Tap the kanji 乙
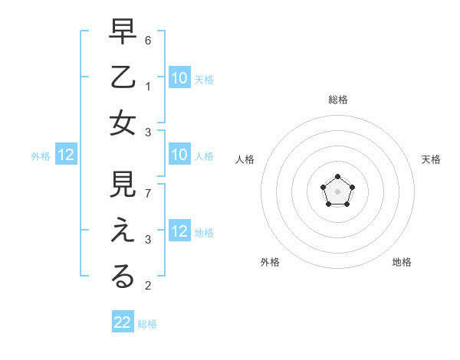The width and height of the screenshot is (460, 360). (x=123, y=79)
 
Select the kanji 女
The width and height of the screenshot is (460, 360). (x=123, y=123)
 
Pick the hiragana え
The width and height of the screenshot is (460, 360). (x=123, y=232)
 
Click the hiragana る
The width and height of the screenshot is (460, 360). (x=123, y=277)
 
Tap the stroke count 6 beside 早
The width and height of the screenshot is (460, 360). (x=148, y=39)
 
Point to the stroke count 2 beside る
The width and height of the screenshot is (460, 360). (x=148, y=286)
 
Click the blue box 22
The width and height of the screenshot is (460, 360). (x=123, y=322)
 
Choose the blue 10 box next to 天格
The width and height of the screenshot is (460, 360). (x=179, y=77)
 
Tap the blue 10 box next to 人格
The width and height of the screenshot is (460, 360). (x=179, y=155)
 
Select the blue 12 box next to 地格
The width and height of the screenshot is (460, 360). (x=179, y=231)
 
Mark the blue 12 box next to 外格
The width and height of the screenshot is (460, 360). (x=66, y=155)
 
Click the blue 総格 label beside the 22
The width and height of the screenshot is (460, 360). (x=147, y=324)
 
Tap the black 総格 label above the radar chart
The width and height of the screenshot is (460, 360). (x=337, y=100)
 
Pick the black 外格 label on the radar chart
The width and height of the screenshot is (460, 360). (x=269, y=262)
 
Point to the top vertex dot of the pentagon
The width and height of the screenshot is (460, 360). (x=337, y=177)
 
